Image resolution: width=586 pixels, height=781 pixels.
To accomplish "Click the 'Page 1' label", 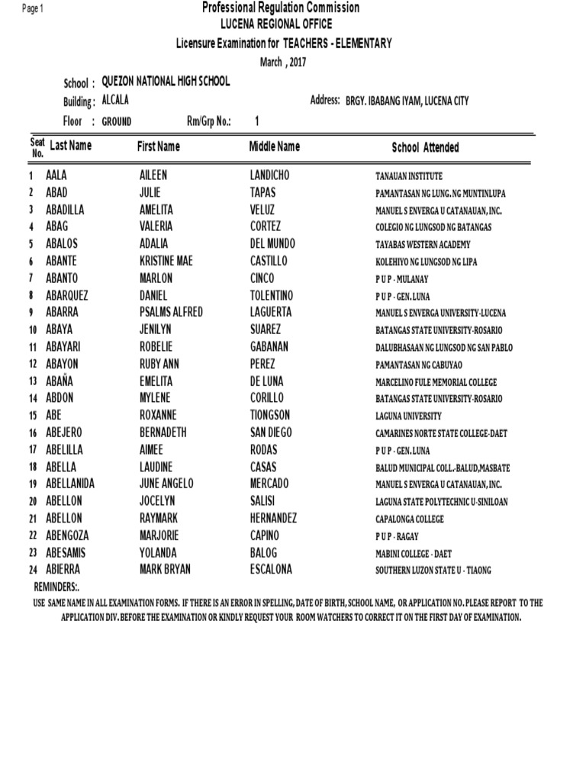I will coord(34,8).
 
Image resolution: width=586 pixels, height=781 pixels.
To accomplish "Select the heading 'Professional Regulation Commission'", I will coord(281,8).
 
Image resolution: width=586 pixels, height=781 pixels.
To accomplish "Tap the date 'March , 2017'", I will coord(282,63).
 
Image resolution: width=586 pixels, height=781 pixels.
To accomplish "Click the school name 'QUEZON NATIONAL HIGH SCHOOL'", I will coord(166,82).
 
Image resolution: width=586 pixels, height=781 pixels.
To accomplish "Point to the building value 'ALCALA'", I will coord(116,101).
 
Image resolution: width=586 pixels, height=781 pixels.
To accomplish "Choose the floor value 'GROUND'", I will coord(117,121).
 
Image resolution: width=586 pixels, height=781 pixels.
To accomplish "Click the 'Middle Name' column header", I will coord(275,146).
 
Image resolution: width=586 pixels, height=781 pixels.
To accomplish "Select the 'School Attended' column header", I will coord(425,147).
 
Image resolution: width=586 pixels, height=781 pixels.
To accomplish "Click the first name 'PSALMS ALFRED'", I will coord(172,313).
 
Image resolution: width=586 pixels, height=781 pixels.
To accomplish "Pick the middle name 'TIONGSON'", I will coord(270,416).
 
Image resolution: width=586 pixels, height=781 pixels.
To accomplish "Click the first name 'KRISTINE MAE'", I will coord(166,261).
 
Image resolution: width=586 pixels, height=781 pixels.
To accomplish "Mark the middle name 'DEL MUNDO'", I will coord(272,244).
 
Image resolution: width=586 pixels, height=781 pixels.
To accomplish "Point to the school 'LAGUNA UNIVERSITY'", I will coord(408,416).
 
